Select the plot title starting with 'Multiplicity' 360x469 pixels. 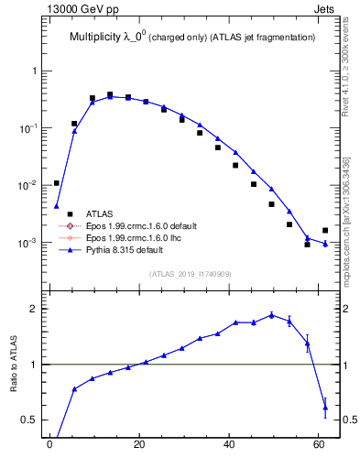tap(192, 37)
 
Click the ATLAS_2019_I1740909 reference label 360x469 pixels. tap(190, 274)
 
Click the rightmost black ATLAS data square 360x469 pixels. tap(325, 231)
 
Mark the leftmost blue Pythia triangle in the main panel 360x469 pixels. tap(57, 205)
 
